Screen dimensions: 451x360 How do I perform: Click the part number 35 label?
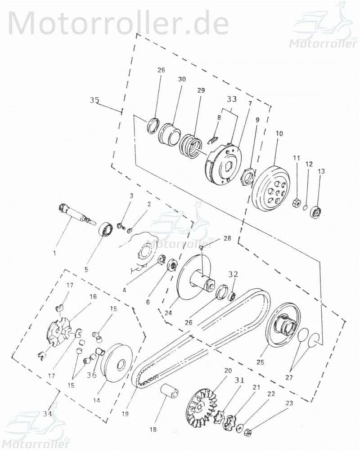point(94,100)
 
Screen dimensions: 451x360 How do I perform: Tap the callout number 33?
point(231,99)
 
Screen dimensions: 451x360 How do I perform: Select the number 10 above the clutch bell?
point(279,134)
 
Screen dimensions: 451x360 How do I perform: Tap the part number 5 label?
point(86,270)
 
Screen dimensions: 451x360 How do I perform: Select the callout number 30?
point(182,79)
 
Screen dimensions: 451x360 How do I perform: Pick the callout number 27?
point(289,377)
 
